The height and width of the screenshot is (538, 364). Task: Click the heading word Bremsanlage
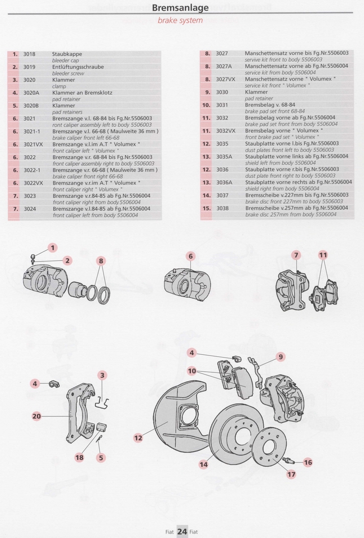coord(180,8)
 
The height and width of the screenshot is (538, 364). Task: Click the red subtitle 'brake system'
coord(180,21)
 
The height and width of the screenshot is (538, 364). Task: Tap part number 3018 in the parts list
coord(29,54)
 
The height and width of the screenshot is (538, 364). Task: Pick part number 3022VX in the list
coord(33,183)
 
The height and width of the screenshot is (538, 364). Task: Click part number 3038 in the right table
coord(222,208)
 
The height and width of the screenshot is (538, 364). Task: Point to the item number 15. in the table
coord(206,208)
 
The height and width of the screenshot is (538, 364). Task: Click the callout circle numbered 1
coord(53,248)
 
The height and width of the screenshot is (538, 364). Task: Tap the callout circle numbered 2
coord(67,260)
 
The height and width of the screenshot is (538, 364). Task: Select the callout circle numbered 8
coord(101,260)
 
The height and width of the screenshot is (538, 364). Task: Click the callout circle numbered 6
coord(190,256)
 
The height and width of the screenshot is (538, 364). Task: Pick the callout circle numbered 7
coord(296,255)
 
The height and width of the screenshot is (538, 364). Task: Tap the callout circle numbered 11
coord(323,255)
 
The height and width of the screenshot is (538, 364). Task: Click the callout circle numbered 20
coord(36,416)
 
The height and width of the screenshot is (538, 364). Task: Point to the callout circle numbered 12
coord(138,438)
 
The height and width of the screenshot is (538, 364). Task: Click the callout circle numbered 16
coord(307,462)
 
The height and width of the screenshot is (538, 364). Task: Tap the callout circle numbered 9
coord(281,356)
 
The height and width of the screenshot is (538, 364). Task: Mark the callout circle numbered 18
coord(79,457)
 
